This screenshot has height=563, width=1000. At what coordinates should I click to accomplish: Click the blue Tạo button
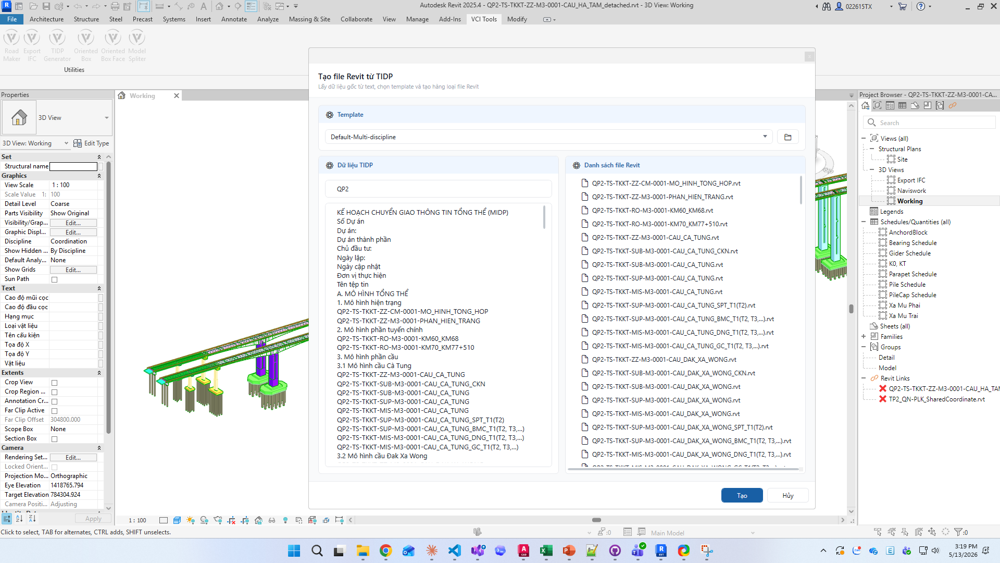coord(742,495)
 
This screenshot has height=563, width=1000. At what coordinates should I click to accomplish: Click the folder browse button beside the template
coord(787,137)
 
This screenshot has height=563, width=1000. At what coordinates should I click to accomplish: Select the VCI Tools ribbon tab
coord(484,19)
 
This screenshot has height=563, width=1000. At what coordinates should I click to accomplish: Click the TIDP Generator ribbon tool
coord(57,46)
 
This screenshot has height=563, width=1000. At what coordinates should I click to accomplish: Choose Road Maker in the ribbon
coord(11,46)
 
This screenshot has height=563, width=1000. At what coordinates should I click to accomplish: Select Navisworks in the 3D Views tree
coord(911,191)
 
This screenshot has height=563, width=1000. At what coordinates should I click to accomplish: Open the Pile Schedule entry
coord(907,285)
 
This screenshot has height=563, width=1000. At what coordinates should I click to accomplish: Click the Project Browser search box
coord(929,123)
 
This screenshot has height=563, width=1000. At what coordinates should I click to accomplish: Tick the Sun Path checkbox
coord(54,279)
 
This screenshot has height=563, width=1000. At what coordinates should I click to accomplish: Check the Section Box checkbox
coord(54,439)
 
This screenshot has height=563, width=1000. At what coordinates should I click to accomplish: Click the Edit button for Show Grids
coord(73,270)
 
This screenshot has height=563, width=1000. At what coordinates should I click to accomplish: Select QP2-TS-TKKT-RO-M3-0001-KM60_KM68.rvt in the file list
coord(652,211)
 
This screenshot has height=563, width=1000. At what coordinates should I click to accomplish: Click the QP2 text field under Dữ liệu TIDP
coord(438,189)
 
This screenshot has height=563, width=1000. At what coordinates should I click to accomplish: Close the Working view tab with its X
coord(177,96)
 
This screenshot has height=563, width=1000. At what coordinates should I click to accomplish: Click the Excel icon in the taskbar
coord(546,550)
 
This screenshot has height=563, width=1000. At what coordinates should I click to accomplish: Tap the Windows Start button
coord(294,550)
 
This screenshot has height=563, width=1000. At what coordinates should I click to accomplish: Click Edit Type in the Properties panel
coord(91,143)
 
